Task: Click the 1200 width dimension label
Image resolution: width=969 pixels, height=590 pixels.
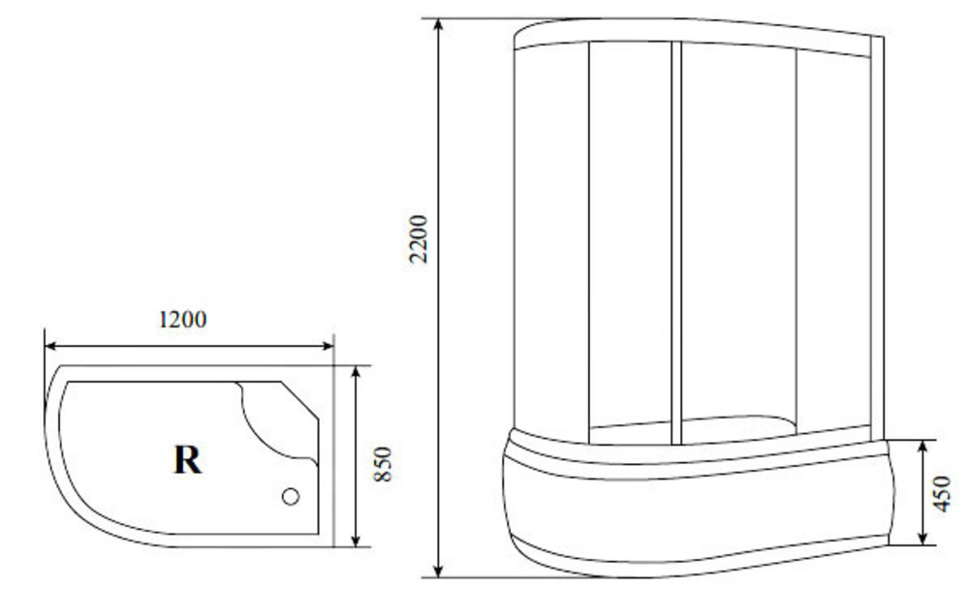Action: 183,320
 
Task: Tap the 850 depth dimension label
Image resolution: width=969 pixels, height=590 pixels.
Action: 383,464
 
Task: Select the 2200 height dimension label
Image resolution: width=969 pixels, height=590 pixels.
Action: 419,239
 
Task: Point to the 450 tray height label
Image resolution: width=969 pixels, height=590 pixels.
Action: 942,493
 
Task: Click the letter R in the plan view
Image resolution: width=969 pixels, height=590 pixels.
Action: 187,459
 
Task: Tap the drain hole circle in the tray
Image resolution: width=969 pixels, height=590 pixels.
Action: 291,496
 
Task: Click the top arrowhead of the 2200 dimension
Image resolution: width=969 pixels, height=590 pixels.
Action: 438,25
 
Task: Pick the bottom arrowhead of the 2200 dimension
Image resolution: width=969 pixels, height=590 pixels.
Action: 438,571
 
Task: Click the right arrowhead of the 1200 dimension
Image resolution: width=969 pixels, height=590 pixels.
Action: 327,346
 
